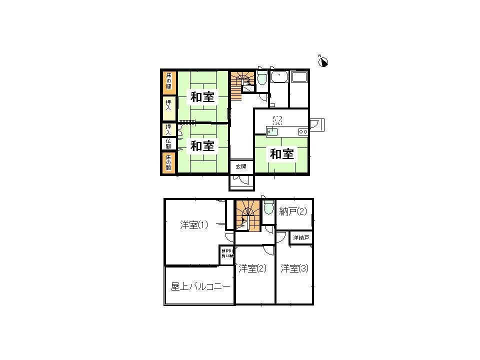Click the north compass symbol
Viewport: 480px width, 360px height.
tap(323, 61)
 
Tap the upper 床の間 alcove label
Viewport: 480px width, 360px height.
tap(168, 82)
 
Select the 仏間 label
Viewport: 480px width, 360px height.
tap(168, 144)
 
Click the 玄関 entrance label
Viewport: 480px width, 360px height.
tap(241, 166)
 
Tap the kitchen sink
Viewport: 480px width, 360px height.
tap(272, 131)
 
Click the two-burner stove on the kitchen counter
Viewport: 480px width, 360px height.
tap(302, 131)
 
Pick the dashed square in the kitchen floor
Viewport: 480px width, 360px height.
tap(278, 120)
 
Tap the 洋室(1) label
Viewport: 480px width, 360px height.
tap(194, 225)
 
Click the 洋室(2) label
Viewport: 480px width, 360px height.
tap(252, 268)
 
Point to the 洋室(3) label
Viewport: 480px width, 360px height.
tap(294, 268)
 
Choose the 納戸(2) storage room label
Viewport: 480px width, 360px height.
tap(292, 211)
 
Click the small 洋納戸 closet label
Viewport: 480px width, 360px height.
tap(300, 237)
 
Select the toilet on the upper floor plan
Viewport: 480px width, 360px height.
tap(268, 207)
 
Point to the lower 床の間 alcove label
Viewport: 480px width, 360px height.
tap(168, 163)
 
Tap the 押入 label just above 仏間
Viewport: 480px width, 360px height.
tap(168, 129)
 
